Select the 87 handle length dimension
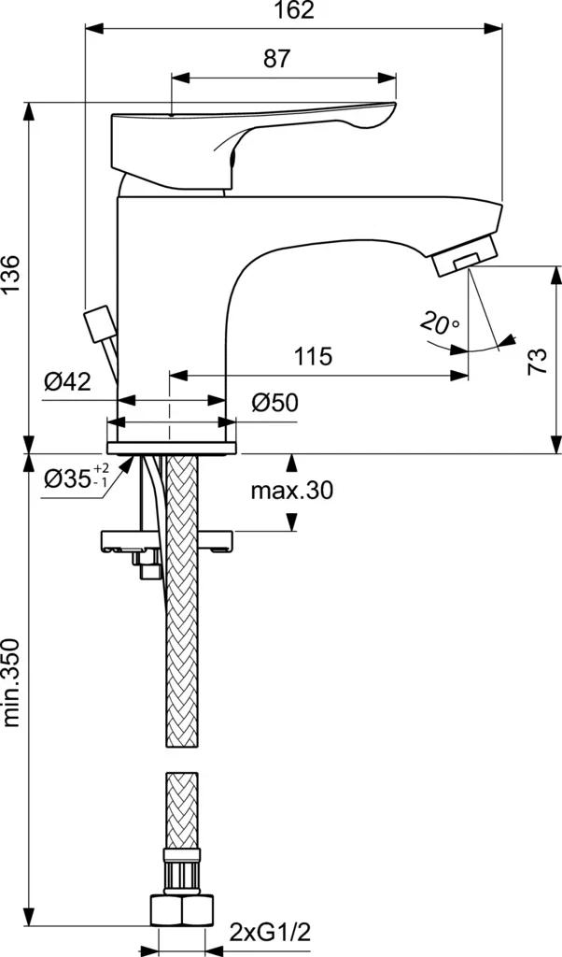point(277,59)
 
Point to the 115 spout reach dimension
point(314,356)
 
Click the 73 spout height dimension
point(537,362)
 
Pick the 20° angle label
point(440,322)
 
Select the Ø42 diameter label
point(67,382)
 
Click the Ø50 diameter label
point(274,403)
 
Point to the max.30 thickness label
point(292,490)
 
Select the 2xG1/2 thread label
point(270,932)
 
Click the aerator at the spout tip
point(465,255)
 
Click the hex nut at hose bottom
point(182,911)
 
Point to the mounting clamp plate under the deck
point(166,541)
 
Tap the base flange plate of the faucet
point(171,448)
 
